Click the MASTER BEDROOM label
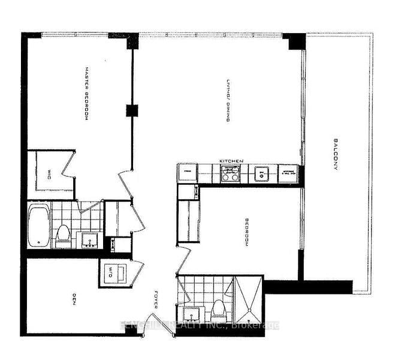[x=86, y=94]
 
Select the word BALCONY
[x=336, y=155]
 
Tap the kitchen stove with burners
[x=229, y=174]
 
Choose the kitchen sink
[x=261, y=174]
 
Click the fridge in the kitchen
[x=186, y=172]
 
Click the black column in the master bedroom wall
[x=131, y=110]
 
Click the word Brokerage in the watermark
[x=259, y=325]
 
